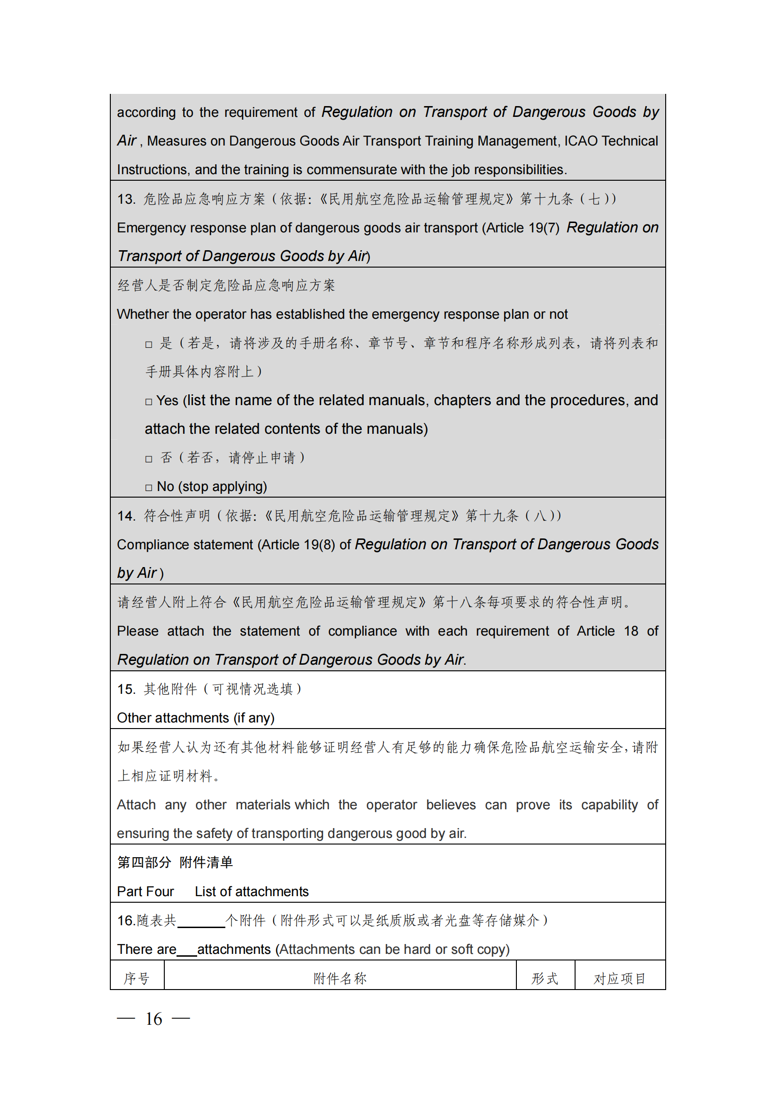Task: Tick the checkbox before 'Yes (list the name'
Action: (x=149, y=402)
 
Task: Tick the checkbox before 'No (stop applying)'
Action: (x=149, y=488)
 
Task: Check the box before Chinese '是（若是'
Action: (x=149, y=344)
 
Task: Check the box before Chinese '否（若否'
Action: (x=149, y=459)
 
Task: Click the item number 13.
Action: (x=126, y=199)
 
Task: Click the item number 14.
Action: (x=126, y=516)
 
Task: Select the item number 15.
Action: (x=126, y=689)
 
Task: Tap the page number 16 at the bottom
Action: (x=154, y=1019)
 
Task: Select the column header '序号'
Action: (x=137, y=978)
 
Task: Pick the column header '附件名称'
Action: (x=340, y=978)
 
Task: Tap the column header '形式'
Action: (x=545, y=978)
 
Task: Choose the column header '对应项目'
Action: (x=620, y=978)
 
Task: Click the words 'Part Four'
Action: (x=146, y=891)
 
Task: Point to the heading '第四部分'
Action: (x=144, y=862)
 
